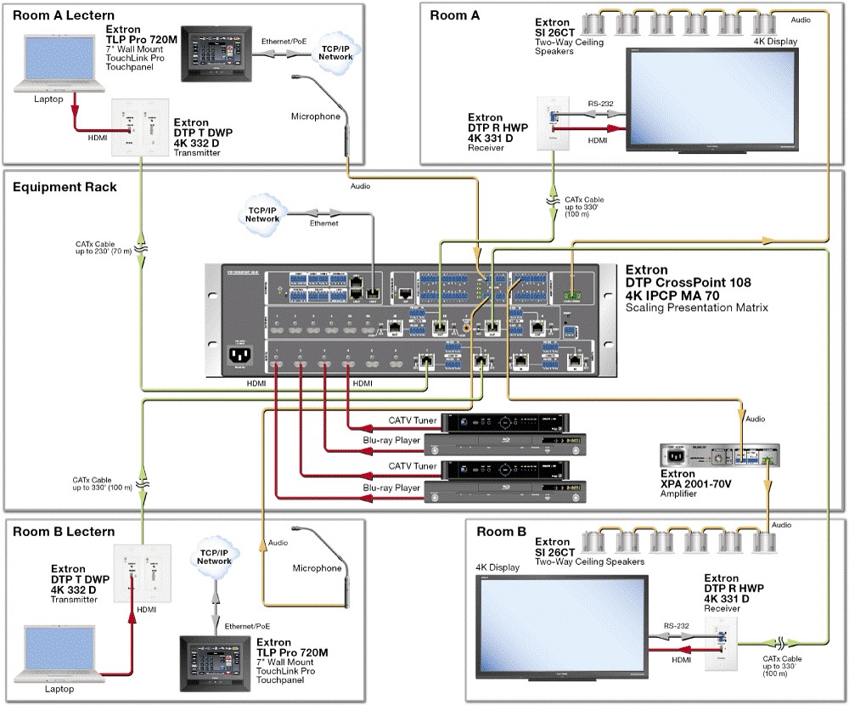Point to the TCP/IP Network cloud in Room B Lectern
pos(214,557)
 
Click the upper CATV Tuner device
pos(508,421)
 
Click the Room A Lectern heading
pos(64,15)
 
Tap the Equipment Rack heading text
pos(65,187)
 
